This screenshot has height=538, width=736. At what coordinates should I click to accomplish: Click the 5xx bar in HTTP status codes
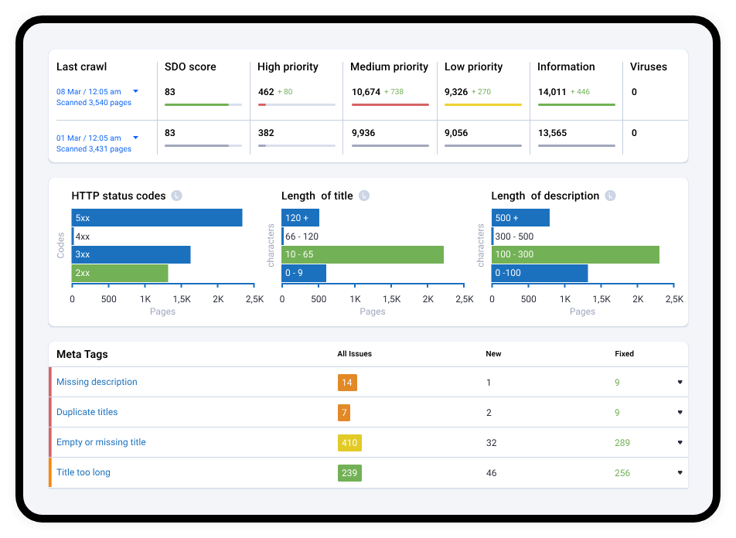[x=157, y=218]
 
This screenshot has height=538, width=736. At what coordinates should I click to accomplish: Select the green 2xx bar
[x=120, y=273]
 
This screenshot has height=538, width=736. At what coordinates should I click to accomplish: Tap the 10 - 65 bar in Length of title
[x=363, y=254]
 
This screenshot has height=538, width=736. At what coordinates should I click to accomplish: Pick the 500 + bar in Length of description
[x=520, y=218]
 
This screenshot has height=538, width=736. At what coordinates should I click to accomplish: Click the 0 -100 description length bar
[x=540, y=273]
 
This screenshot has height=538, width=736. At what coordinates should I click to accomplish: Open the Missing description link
[x=97, y=382]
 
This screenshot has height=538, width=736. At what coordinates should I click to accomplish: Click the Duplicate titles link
[x=87, y=412]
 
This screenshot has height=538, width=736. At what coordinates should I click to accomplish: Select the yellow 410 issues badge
[x=349, y=443]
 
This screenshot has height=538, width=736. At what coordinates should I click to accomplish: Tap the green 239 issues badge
[x=349, y=473]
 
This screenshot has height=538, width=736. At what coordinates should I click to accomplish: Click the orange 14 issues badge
[x=347, y=383]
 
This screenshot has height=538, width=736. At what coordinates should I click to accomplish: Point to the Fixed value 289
[x=622, y=443]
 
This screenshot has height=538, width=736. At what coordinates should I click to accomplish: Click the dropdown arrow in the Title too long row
[x=680, y=473]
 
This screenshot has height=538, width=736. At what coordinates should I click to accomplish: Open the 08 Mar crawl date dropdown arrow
[x=135, y=91]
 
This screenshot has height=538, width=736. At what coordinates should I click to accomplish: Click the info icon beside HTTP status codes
[x=176, y=196]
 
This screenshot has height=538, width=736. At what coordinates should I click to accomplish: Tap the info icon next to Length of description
[x=610, y=196]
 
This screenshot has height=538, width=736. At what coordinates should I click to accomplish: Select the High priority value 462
[x=266, y=92]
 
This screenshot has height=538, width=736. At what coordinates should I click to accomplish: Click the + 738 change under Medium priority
[x=394, y=91]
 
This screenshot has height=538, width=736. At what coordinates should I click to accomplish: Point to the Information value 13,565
[x=553, y=133]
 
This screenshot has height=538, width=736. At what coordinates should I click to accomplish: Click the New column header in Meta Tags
[x=493, y=353]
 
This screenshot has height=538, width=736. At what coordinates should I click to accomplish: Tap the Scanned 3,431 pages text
[x=94, y=149]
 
